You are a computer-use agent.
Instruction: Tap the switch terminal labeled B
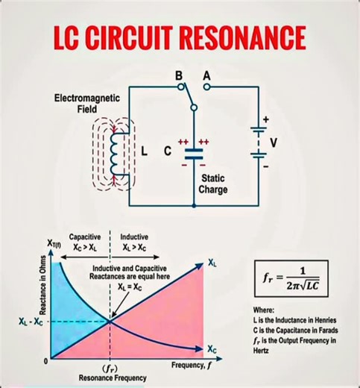(181, 87)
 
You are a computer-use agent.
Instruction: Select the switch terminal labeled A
(207, 87)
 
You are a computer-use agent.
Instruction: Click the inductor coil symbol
(115, 154)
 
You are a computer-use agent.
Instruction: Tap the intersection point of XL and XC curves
(111, 320)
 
